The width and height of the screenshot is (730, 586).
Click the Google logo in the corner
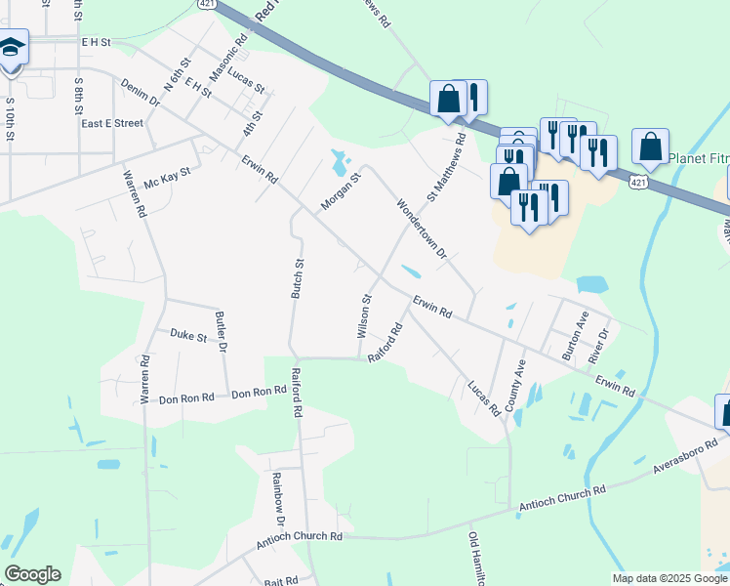tap(32, 574)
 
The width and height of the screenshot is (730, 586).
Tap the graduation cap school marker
tap(12, 49)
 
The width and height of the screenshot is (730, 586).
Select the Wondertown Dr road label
tap(421, 230)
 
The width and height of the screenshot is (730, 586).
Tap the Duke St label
tap(188, 337)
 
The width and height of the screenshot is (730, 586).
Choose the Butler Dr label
tap(222, 332)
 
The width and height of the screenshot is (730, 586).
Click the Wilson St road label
tap(364, 316)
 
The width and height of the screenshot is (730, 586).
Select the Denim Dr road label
tap(142, 95)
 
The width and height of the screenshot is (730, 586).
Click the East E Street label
tap(112, 124)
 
